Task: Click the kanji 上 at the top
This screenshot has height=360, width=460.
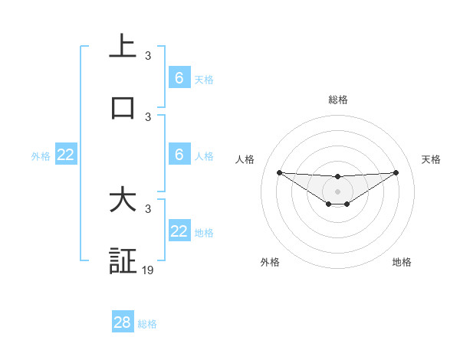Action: pos(123,47)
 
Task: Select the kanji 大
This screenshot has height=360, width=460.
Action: pos(123,200)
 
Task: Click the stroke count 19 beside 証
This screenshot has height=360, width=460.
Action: pos(148,270)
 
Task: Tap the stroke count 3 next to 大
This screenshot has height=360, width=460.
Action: pos(148,208)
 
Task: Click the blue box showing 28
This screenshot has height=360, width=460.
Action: pos(123,322)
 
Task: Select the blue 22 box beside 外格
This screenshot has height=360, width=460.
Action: pos(66,155)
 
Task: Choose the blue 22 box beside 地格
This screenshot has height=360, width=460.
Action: pos(179,231)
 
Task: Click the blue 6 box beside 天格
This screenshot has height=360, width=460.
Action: pos(179,77)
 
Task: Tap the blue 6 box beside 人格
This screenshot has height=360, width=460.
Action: pos(179,155)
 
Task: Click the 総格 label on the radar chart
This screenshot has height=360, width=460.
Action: pos(337,100)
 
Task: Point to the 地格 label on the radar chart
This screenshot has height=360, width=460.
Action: pos(402,262)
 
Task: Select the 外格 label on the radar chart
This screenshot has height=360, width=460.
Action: pos(270,262)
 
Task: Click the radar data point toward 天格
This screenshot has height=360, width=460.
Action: pos(396,172)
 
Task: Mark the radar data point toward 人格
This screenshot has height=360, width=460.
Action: pos(279,172)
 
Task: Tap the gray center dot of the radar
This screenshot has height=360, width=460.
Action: pos(337,191)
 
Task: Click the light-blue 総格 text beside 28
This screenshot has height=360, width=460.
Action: pos(147,324)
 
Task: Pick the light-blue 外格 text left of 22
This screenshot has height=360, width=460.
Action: pos(41,156)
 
